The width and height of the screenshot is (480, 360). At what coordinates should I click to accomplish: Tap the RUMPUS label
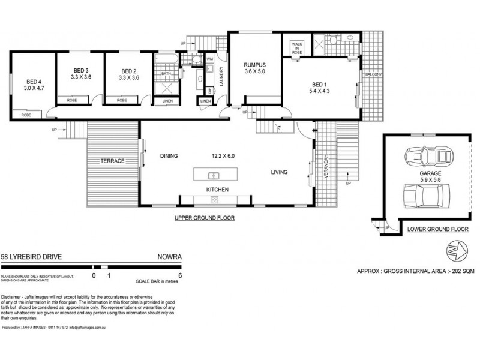255,65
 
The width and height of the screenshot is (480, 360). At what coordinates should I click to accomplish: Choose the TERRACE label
112,161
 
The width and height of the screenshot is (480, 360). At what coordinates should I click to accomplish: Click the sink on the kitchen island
212,175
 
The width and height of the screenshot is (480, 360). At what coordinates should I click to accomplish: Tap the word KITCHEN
218,190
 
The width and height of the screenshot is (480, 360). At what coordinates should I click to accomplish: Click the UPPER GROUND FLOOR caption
204,218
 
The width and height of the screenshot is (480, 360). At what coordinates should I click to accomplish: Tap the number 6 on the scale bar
180,275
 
